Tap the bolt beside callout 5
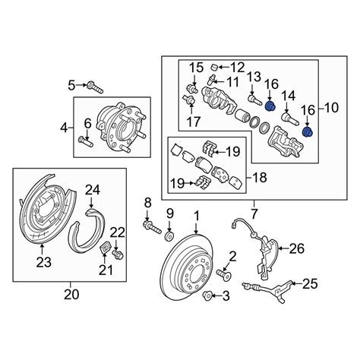[x=92, y=84]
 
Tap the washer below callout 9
[x=170, y=231]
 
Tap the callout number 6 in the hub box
[x=87, y=122]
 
